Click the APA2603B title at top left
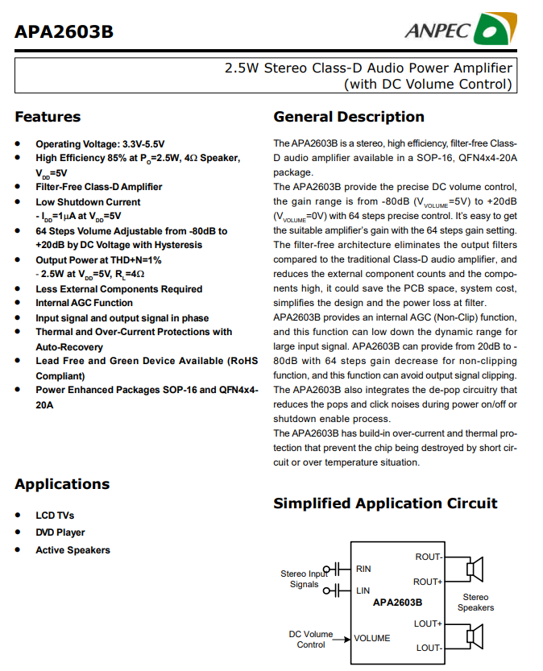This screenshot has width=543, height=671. (64, 32)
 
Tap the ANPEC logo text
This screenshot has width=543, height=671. (438, 31)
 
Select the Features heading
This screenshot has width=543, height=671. (48, 118)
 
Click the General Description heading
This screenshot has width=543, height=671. (349, 117)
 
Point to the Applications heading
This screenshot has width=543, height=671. (62, 484)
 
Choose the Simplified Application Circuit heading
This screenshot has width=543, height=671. (385, 504)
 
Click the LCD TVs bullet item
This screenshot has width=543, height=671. (55, 515)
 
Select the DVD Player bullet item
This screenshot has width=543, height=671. (60, 532)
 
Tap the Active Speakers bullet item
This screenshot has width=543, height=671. (73, 550)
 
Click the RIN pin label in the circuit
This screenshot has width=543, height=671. (363, 569)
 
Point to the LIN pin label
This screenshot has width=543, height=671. (363, 590)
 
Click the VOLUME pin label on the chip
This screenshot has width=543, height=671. (372, 638)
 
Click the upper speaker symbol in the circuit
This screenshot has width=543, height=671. (474, 570)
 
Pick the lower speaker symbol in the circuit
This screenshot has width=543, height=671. (474, 636)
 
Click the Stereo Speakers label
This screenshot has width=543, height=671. (475, 603)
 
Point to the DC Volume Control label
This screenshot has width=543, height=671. (311, 640)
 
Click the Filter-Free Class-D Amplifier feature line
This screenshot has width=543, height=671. (98, 187)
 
